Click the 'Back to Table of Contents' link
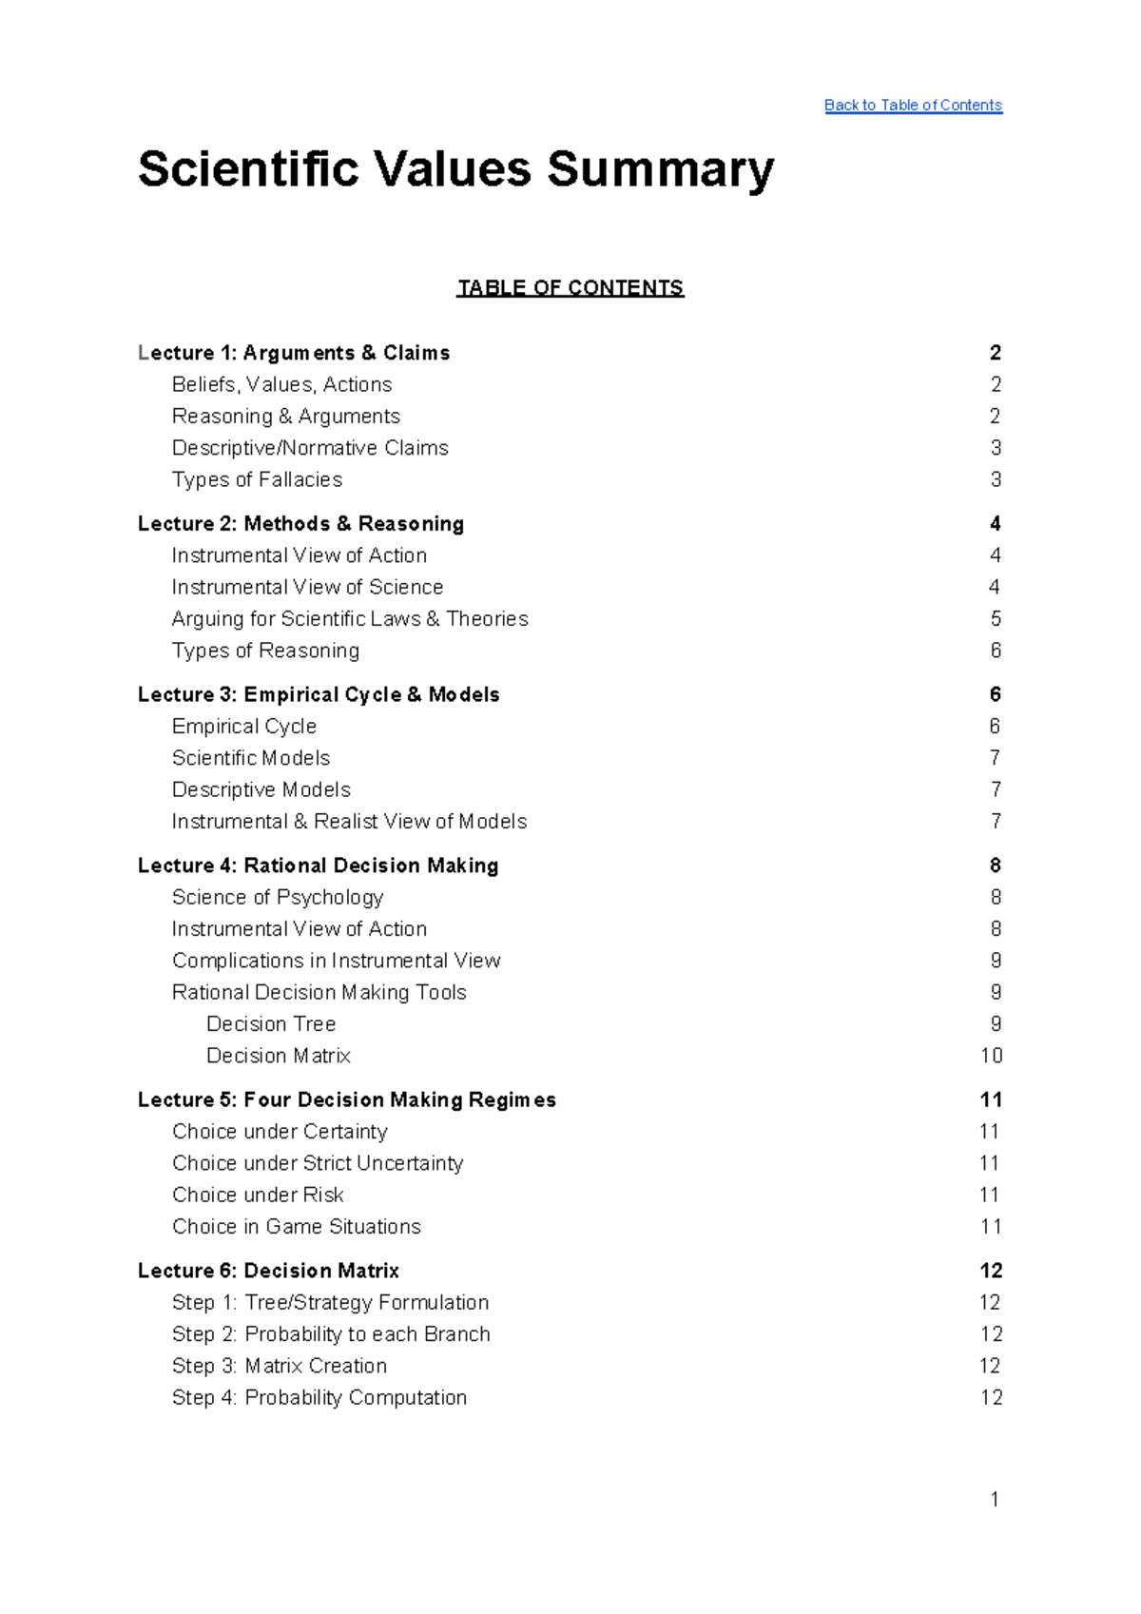pyautogui.click(x=913, y=106)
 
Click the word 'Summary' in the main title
pyautogui.click(x=660, y=169)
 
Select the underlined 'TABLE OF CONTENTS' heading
pyautogui.click(x=570, y=288)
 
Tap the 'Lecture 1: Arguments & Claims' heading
pyautogui.click(x=294, y=353)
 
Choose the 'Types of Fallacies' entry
pyautogui.click(x=257, y=479)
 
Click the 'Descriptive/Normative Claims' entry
pyautogui.click(x=310, y=448)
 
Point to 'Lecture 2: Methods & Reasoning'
pyautogui.click(x=300, y=524)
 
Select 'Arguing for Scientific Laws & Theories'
pyautogui.click(x=350, y=619)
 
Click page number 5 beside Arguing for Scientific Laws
pyautogui.click(x=996, y=619)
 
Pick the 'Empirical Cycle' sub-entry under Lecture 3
pyautogui.click(x=244, y=727)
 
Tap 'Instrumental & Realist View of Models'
pyautogui.click(x=349, y=822)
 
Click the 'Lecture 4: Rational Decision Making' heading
pyautogui.click(x=318, y=865)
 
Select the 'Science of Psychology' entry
pyautogui.click(x=278, y=898)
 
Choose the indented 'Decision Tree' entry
pyautogui.click(x=271, y=1024)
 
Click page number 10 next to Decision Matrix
pyautogui.click(x=991, y=1056)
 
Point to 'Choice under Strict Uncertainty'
pyautogui.click(x=318, y=1163)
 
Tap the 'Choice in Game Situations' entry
pyautogui.click(x=297, y=1227)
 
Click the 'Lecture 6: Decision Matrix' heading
pyautogui.click(x=268, y=1271)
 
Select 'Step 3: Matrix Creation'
pyautogui.click(x=280, y=1366)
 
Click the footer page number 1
pyautogui.click(x=995, y=1500)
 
